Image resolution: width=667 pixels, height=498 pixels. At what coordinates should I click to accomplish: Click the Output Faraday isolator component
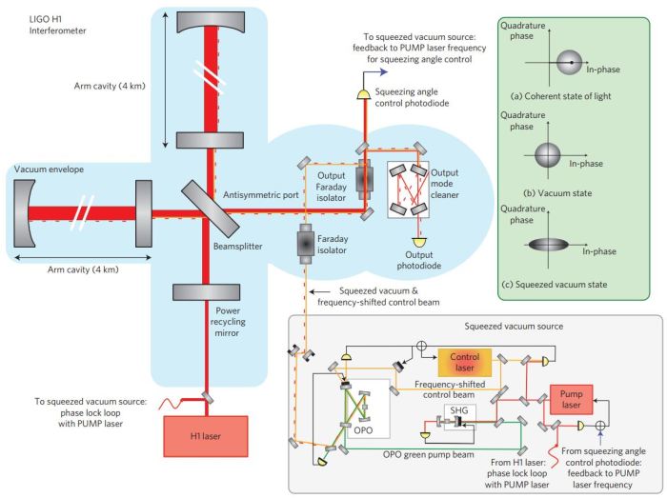[364, 181]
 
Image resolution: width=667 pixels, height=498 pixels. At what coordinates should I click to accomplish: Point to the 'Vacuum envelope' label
[48, 169]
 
